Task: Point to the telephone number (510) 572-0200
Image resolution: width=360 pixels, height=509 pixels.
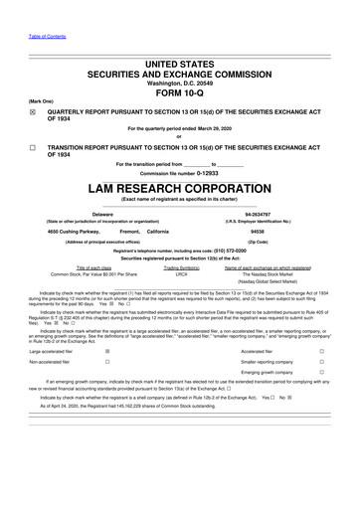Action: tap(230, 251)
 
